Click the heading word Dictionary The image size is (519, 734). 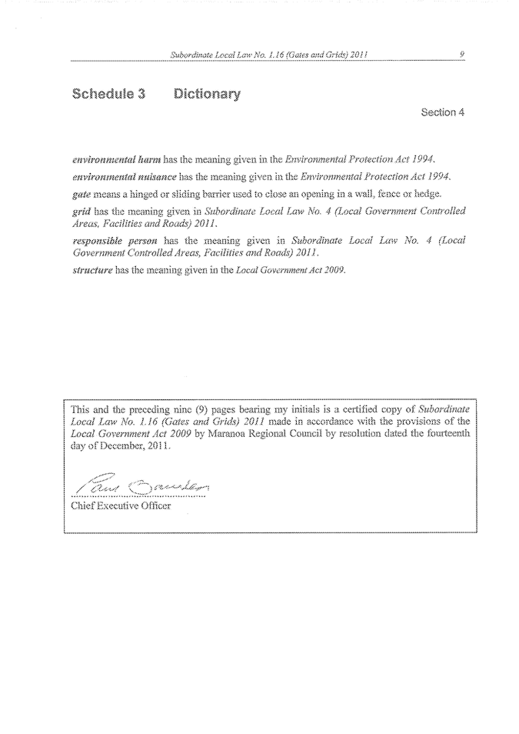[x=207, y=95]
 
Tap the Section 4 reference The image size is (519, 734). [x=443, y=112]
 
